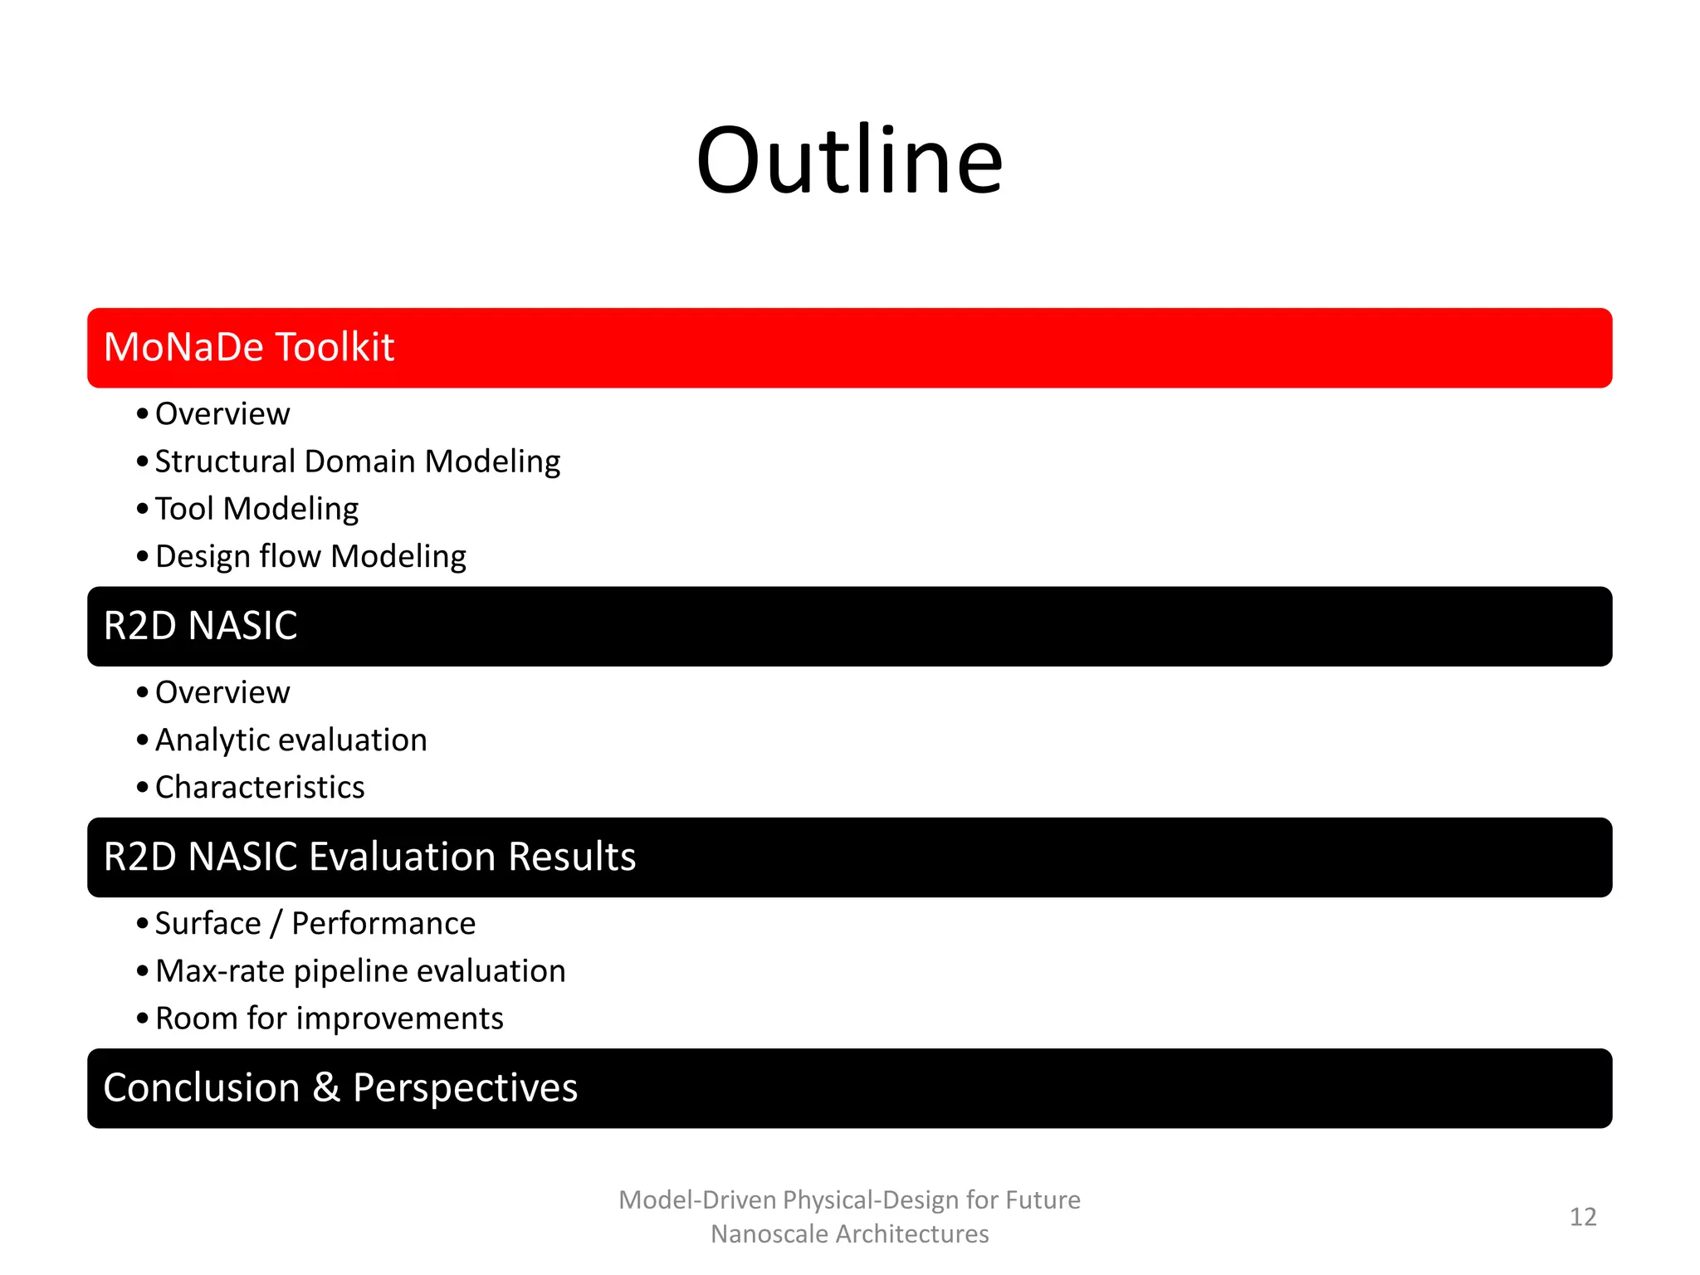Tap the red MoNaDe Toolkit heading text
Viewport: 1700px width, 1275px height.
coord(248,347)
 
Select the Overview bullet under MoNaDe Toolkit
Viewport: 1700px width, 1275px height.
coord(222,413)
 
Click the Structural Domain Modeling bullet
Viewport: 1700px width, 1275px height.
coord(357,462)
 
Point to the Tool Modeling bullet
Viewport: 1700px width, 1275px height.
coord(256,509)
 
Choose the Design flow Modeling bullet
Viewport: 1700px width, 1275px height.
coord(310,556)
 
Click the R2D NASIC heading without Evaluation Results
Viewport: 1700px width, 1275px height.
coord(200,626)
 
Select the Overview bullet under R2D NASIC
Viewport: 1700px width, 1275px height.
coord(222,692)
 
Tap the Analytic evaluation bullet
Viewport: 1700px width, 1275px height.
coord(291,740)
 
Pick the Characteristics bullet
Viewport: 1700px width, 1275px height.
coord(260,787)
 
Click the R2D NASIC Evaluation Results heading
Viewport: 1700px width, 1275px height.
coord(369,857)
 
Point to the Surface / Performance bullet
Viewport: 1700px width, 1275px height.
coord(315,923)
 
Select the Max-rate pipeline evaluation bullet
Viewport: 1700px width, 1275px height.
coord(360,971)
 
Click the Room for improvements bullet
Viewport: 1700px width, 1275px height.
coord(329,1019)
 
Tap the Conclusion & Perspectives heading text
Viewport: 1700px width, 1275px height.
coord(340,1087)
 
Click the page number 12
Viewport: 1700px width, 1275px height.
coord(1583,1217)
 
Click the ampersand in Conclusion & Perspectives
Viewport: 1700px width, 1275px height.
coord(326,1087)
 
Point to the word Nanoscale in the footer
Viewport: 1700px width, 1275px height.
coord(769,1234)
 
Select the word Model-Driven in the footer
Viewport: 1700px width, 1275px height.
coord(697,1200)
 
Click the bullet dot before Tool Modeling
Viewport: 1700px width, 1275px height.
coord(143,509)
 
